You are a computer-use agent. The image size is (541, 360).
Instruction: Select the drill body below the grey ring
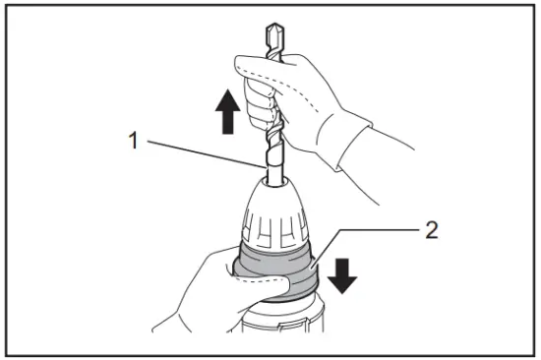pyautogui.click(x=275, y=330)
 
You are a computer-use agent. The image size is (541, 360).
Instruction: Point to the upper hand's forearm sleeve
pyautogui.click(x=393, y=157)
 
